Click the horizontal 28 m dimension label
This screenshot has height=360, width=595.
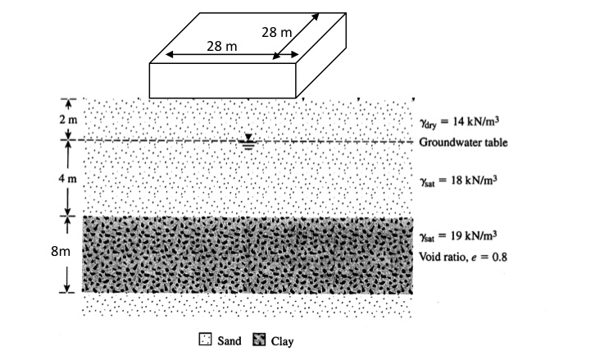tap(222, 47)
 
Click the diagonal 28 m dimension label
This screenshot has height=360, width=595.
tap(276, 33)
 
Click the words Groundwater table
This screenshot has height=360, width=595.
tap(464, 143)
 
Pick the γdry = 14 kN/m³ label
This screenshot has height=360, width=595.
tap(459, 121)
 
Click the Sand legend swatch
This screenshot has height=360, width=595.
tap(205, 341)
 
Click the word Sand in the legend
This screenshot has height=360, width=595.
tap(228, 341)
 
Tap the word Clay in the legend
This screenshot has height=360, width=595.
tap(282, 341)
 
